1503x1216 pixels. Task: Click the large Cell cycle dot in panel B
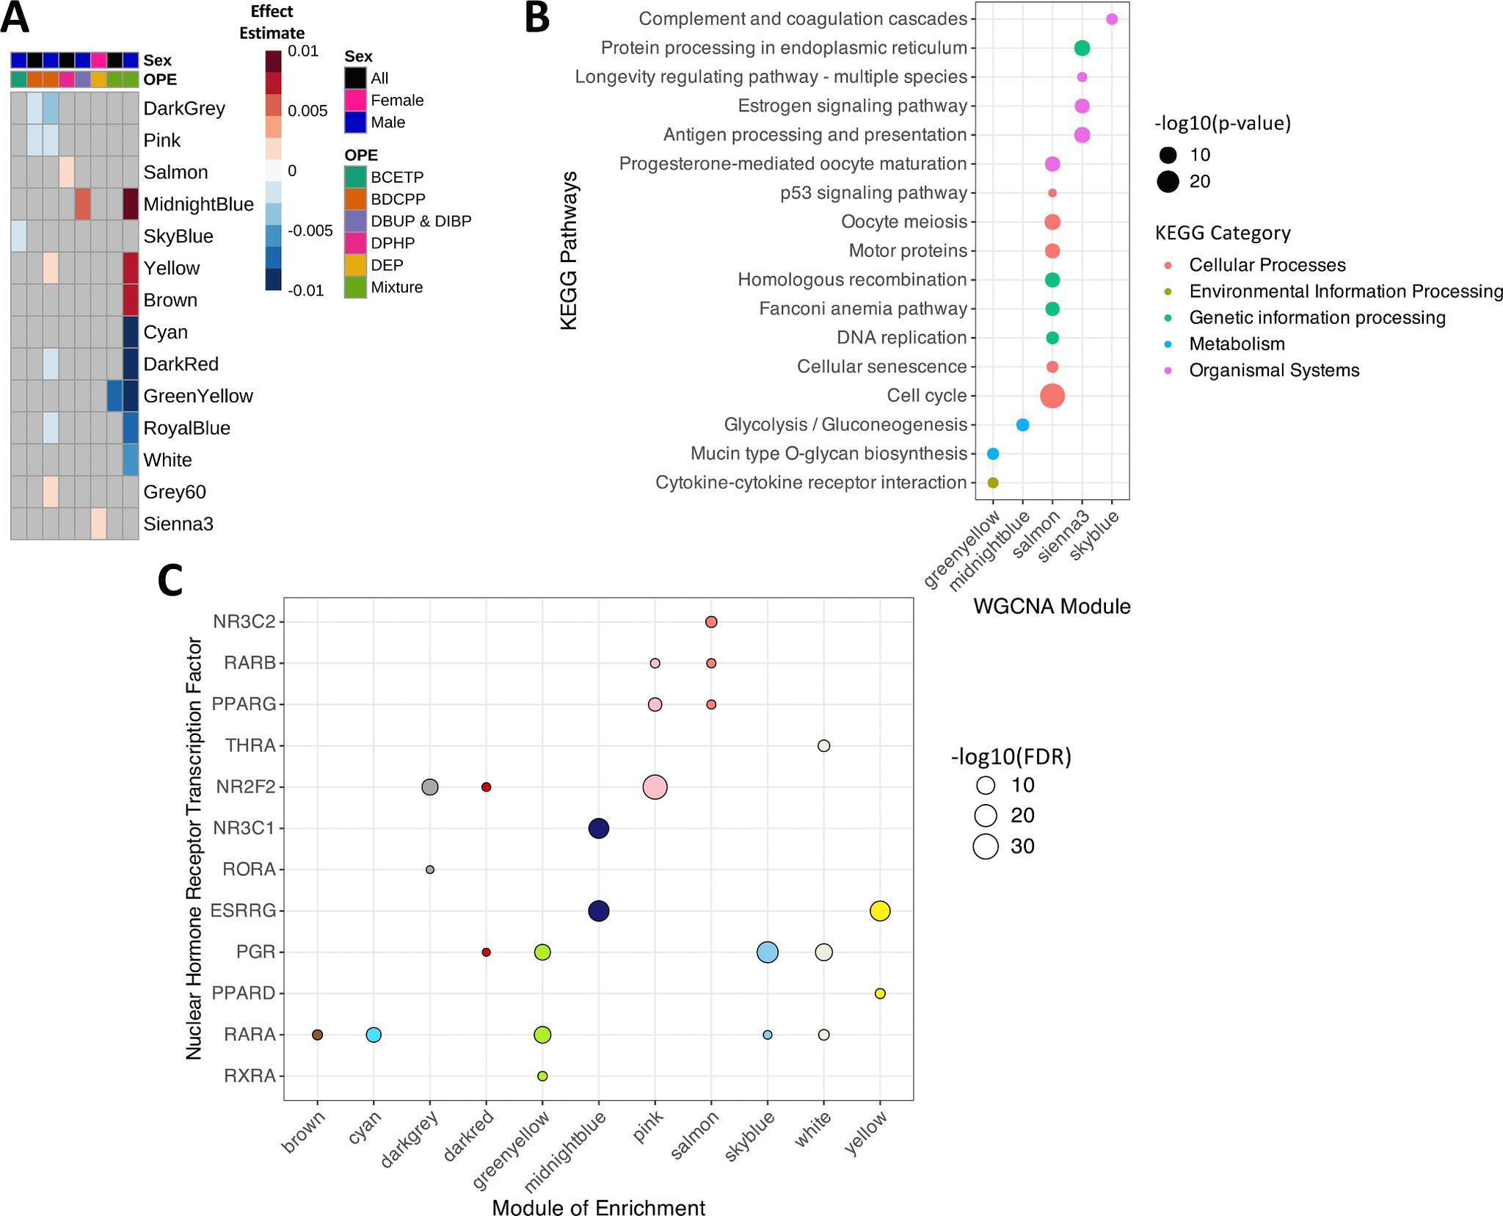pyautogui.click(x=1052, y=396)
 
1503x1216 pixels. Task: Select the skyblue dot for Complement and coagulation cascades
pyautogui.click(x=1111, y=19)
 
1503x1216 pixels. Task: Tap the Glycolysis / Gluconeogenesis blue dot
pyautogui.click(x=1022, y=424)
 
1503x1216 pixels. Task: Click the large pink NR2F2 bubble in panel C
pyautogui.click(x=655, y=787)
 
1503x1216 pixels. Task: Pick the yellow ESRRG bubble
pyautogui.click(x=880, y=911)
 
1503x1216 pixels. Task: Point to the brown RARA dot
pyautogui.click(x=317, y=1035)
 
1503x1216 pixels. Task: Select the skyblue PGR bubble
pyautogui.click(x=767, y=952)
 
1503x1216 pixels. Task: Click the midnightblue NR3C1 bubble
pyautogui.click(x=599, y=829)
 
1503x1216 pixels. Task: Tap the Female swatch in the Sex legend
pyautogui.click(x=356, y=100)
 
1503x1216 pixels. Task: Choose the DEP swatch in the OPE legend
pyautogui.click(x=356, y=265)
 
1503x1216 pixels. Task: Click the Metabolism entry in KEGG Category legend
pyautogui.click(x=1237, y=344)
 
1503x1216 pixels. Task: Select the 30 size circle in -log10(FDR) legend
pyautogui.click(x=986, y=847)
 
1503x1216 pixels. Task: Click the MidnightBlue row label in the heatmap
pyautogui.click(x=198, y=204)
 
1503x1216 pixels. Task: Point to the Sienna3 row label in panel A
pyautogui.click(x=178, y=524)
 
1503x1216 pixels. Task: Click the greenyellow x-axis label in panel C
pyautogui.click(x=514, y=1154)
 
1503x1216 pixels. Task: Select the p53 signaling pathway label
pyautogui.click(x=873, y=193)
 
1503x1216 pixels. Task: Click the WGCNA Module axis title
pyautogui.click(x=1051, y=607)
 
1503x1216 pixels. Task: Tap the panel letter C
pyautogui.click(x=170, y=580)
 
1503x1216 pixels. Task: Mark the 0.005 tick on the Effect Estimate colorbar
pyautogui.click(x=307, y=111)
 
